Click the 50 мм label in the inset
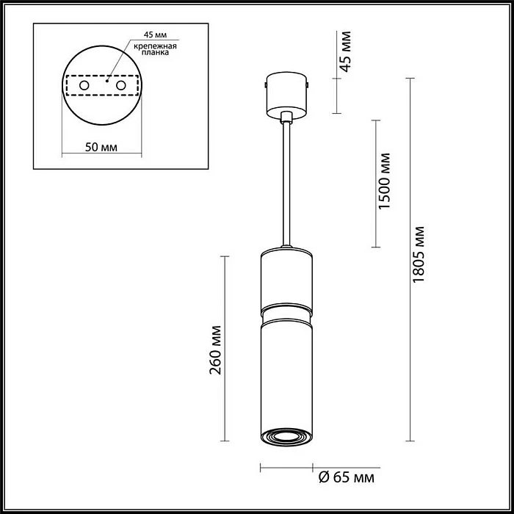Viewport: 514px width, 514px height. (x=101, y=147)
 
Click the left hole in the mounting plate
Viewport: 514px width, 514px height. (x=84, y=87)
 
